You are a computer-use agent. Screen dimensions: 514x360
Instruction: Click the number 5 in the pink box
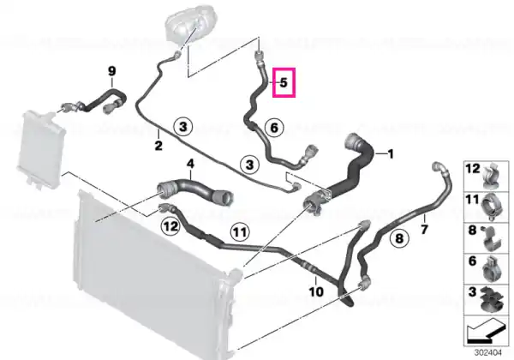(x=284, y=82)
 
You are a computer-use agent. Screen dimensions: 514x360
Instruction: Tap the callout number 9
(x=111, y=71)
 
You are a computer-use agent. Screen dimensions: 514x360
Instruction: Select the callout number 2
(x=158, y=146)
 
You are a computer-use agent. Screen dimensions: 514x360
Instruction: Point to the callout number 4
(x=190, y=163)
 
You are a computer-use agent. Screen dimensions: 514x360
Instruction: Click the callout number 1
(x=390, y=153)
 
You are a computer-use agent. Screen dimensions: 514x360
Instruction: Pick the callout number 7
(x=424, y=229)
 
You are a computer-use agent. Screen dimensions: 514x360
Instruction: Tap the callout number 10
(x=316, y=291)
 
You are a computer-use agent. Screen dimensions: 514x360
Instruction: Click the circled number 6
(x=274, y=128)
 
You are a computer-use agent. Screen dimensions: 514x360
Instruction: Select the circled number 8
(x=399, y=238)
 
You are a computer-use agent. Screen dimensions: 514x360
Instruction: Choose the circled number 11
(x=240, y=232)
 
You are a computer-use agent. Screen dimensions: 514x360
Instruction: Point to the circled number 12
(x=170, y=226)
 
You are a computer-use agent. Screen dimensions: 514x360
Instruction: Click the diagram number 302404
(x=488, y=353)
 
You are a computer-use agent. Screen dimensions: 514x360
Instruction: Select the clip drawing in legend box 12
(x=492, y=176)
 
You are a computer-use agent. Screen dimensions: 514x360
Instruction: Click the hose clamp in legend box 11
(x=492, y=207)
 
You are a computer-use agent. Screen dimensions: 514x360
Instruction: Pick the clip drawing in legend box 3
(x=492, y=299)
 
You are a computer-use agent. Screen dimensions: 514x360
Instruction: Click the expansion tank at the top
(x=188, y=25)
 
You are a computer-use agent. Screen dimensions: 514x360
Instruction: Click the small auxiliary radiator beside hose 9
(x=41, y=148)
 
